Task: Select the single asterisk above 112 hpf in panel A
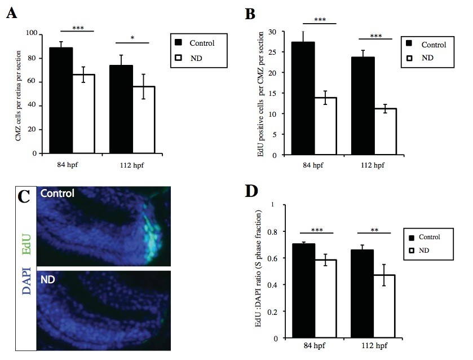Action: (132, 37)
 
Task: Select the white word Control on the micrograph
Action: (57, 194)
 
